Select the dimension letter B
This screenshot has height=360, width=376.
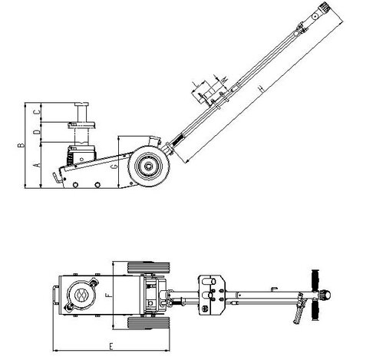coord(25,143)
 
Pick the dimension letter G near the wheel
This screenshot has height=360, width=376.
coord(114,165)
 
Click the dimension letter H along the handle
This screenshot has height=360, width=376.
coord(261,90)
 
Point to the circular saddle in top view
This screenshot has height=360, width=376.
coord(80,293)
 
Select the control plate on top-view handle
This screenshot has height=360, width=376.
coord(212,294)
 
